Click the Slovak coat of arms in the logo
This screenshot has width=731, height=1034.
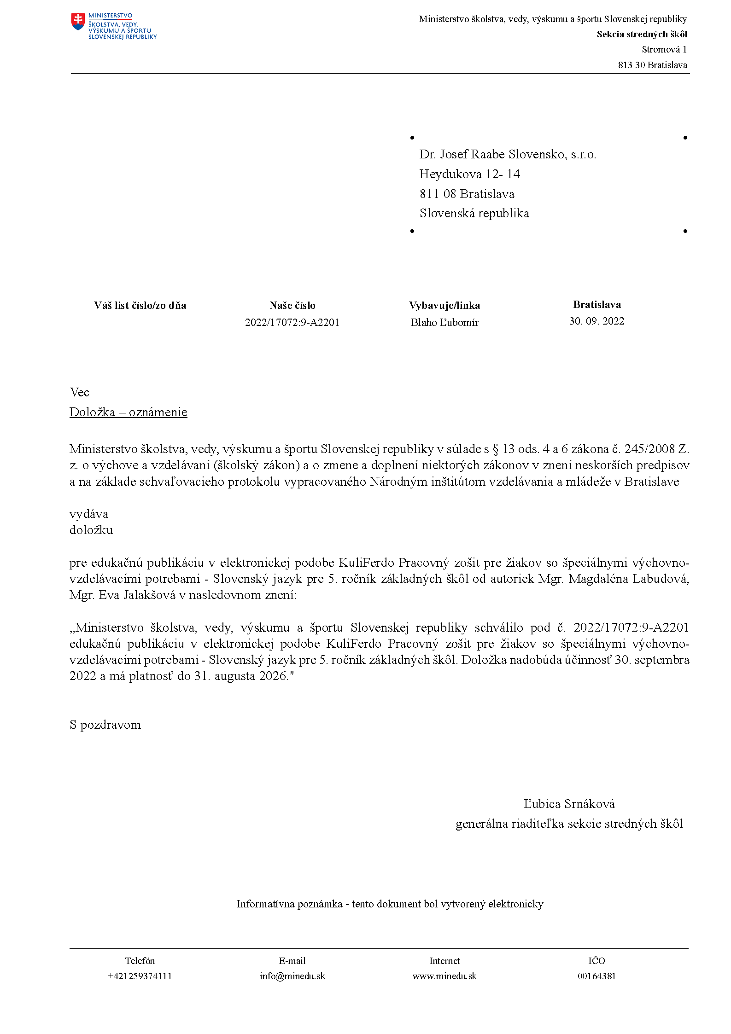coord(78,22)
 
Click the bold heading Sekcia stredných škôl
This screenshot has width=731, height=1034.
coord(642,35)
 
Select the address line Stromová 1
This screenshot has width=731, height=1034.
coord(664,50)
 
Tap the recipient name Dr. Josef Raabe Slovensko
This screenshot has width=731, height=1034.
coord(507,155)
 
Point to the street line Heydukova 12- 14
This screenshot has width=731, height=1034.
coord(469,174)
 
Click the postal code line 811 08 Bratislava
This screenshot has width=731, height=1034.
coord(467,194)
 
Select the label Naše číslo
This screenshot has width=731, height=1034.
coord(292,306)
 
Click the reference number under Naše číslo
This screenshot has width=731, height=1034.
coord(292,323)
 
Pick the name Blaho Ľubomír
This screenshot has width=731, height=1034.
coord(444,323)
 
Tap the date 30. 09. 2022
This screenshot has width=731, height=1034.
coord(596,321)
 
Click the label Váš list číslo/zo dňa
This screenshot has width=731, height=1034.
coord(140,306)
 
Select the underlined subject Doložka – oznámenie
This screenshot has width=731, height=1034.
coord(128,412)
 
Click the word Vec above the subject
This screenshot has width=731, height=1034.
coord(79,392)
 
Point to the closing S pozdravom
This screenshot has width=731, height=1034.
coord(105,725)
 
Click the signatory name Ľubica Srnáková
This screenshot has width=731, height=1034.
coord(569,804)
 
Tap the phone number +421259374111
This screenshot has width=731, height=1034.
coord(140,976)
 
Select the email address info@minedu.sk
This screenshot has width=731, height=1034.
coord(292,976)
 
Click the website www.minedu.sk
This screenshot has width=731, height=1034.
coord(444,976)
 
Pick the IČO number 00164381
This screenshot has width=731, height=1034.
coord(596,976)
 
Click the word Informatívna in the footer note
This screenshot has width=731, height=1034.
coord(265,904)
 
